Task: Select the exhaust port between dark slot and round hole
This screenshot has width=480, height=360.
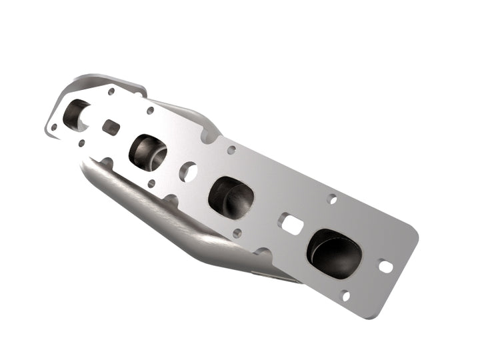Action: [x=148, y=152]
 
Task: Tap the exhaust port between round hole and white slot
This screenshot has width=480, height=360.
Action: [x=231, y=197]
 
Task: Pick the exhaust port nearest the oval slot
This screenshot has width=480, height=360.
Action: [x=334, y=251]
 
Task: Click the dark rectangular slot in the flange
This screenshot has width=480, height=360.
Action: [x=111, y=127]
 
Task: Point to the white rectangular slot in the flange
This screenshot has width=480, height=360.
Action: [x=292, y=225]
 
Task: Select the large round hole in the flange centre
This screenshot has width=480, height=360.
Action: [x=188, y=171]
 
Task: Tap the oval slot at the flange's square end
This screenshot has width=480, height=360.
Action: [x=385, y=266]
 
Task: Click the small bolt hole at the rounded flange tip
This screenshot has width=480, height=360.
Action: [x=54, y=126]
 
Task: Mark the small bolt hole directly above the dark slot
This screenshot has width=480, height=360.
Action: [x=111, y=91]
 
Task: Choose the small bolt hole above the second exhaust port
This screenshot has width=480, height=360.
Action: [x=151, y=111]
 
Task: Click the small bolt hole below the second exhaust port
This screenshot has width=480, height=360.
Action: [x=151, y=183]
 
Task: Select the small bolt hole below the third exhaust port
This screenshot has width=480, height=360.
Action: [x=237, y=233]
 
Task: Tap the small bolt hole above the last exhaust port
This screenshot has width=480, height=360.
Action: [x=333, y=199]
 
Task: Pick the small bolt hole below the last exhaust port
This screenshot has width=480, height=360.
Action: [x=345, y=295]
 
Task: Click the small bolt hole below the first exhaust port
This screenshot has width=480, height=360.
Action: [x=81, y=143]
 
